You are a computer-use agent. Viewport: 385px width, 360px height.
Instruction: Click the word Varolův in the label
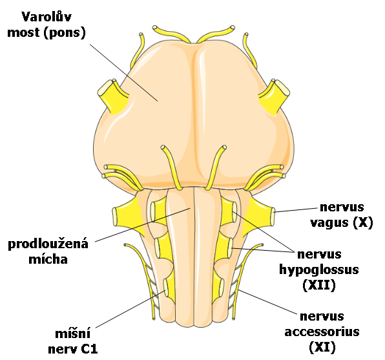(x=47, y=17)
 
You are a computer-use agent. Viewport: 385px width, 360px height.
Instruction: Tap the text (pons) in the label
(x=65, y=33)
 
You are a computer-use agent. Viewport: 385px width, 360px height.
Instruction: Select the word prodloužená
(x=48, y=244)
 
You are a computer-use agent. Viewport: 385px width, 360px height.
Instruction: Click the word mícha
(x=48, y=259)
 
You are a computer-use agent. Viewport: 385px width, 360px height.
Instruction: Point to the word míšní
(x=73, y=334)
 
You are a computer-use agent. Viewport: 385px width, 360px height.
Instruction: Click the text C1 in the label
(x=90, y=349)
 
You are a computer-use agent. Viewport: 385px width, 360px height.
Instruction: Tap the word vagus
(x=329, y=222)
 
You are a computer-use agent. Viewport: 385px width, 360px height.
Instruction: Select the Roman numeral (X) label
(x=363, y=222)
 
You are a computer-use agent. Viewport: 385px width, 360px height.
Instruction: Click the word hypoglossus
(x=319, y=270)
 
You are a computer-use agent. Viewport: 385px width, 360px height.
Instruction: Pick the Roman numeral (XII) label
(x=319, y=285)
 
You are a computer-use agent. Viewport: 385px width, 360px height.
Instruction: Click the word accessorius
(x=322, y=332)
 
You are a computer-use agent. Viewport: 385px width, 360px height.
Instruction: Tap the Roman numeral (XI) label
(x=322, y=348)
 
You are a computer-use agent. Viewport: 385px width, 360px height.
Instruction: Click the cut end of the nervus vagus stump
(x=273, y=217)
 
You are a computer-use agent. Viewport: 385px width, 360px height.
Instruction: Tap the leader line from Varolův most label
(x=123, y=73)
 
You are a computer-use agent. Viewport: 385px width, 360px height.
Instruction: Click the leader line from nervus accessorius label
(x=268, y=302)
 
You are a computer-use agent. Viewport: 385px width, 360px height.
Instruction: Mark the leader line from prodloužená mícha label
(x=143, y=225)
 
